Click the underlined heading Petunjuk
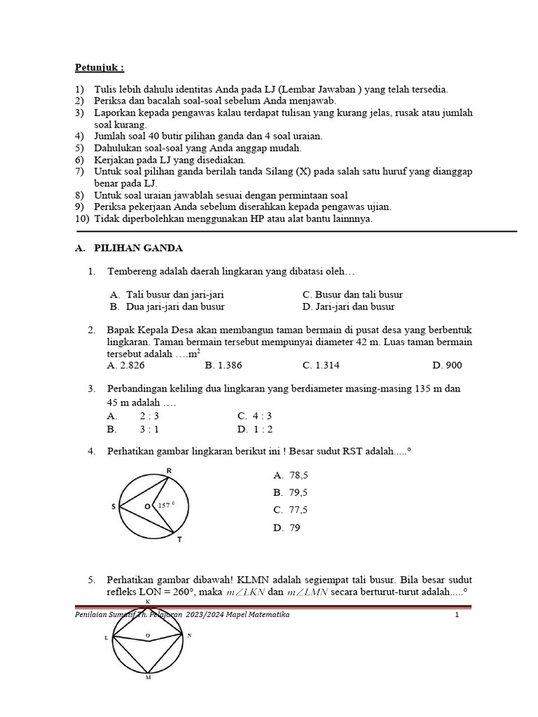pyautogui.click(x=99, y=68)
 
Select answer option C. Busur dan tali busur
pyautogui.click(x=352, y=295)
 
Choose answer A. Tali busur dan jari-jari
pyautogui.click(x=167, y=295)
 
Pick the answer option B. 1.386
pyautogui.click(x=221, y=365)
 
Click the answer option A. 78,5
pyautogui.click(x=291, y=475)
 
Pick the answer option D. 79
pyautogui.click(x=287, y=528)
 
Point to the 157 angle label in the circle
pyautogui.click(x=164, y=504)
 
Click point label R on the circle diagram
pyautogui.click(x=169, y=470)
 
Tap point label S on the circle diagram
pyautogui.click(x=113, y=505)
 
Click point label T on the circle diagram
pyautogui.click(x=180, y=540)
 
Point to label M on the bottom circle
pyautogui.click(x=148, y=678)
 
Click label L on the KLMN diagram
pyautogui.click(x=106, y=636)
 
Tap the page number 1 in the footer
pyautogui.click(x=456, y=615)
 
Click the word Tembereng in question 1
pyautogui.click(x=132, y=271)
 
